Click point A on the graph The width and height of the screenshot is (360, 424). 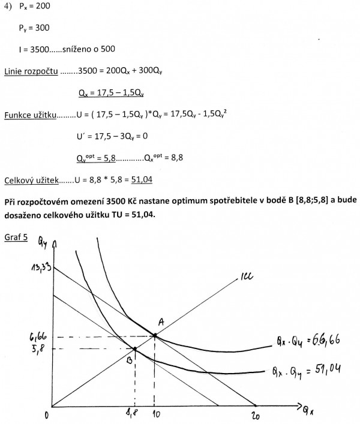click(x=155, y=335)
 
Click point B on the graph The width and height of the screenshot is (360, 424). click(x=134, y=348)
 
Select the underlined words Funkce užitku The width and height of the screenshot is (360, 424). click(x=30, y=114)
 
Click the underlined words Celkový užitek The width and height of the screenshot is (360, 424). click(x=30, y=179)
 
